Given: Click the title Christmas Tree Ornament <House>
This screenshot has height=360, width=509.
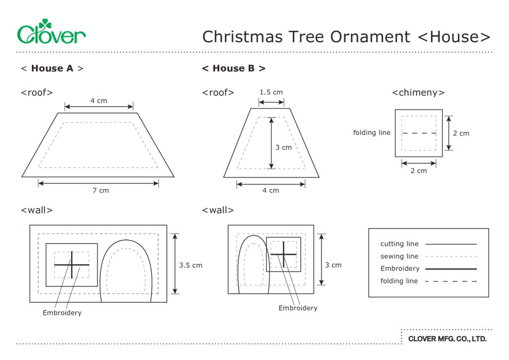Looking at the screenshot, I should [x=346, y=36].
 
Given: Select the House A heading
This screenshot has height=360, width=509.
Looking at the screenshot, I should [x=52, y=68].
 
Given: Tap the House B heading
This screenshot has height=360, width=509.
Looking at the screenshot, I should [x=234, y=68].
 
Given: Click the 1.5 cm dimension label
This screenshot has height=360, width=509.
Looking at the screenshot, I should [x=271, y=92].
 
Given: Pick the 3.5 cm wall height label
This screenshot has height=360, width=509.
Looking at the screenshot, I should [x=191, y=265].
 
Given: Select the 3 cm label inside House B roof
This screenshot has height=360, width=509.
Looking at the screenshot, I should [x=283, y=147].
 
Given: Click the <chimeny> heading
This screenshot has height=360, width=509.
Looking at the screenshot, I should [x=418, y=92].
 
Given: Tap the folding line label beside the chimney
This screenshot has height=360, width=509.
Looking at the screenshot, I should [x=372, y=133].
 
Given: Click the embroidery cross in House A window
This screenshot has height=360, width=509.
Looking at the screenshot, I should [x=72, y=265].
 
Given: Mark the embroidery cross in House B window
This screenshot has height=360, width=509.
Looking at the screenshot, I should [x=284, y=254].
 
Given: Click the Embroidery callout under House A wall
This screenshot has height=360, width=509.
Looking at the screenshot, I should [x=62, y=313].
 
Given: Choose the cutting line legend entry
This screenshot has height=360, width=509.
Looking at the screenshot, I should [x=400, y=244].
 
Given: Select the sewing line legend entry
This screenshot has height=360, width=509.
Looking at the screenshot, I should [x=400, y=257].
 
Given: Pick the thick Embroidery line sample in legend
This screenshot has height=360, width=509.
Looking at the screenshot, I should [x=451, y=269].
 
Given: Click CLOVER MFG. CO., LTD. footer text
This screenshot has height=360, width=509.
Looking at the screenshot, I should [x=447, y=339].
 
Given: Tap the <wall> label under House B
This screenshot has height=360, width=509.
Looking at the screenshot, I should [x=218, y=210].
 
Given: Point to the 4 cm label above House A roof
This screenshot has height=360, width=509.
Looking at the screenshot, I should [x=98, y=100].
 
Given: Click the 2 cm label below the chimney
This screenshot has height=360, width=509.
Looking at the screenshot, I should [x=419, y=171].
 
